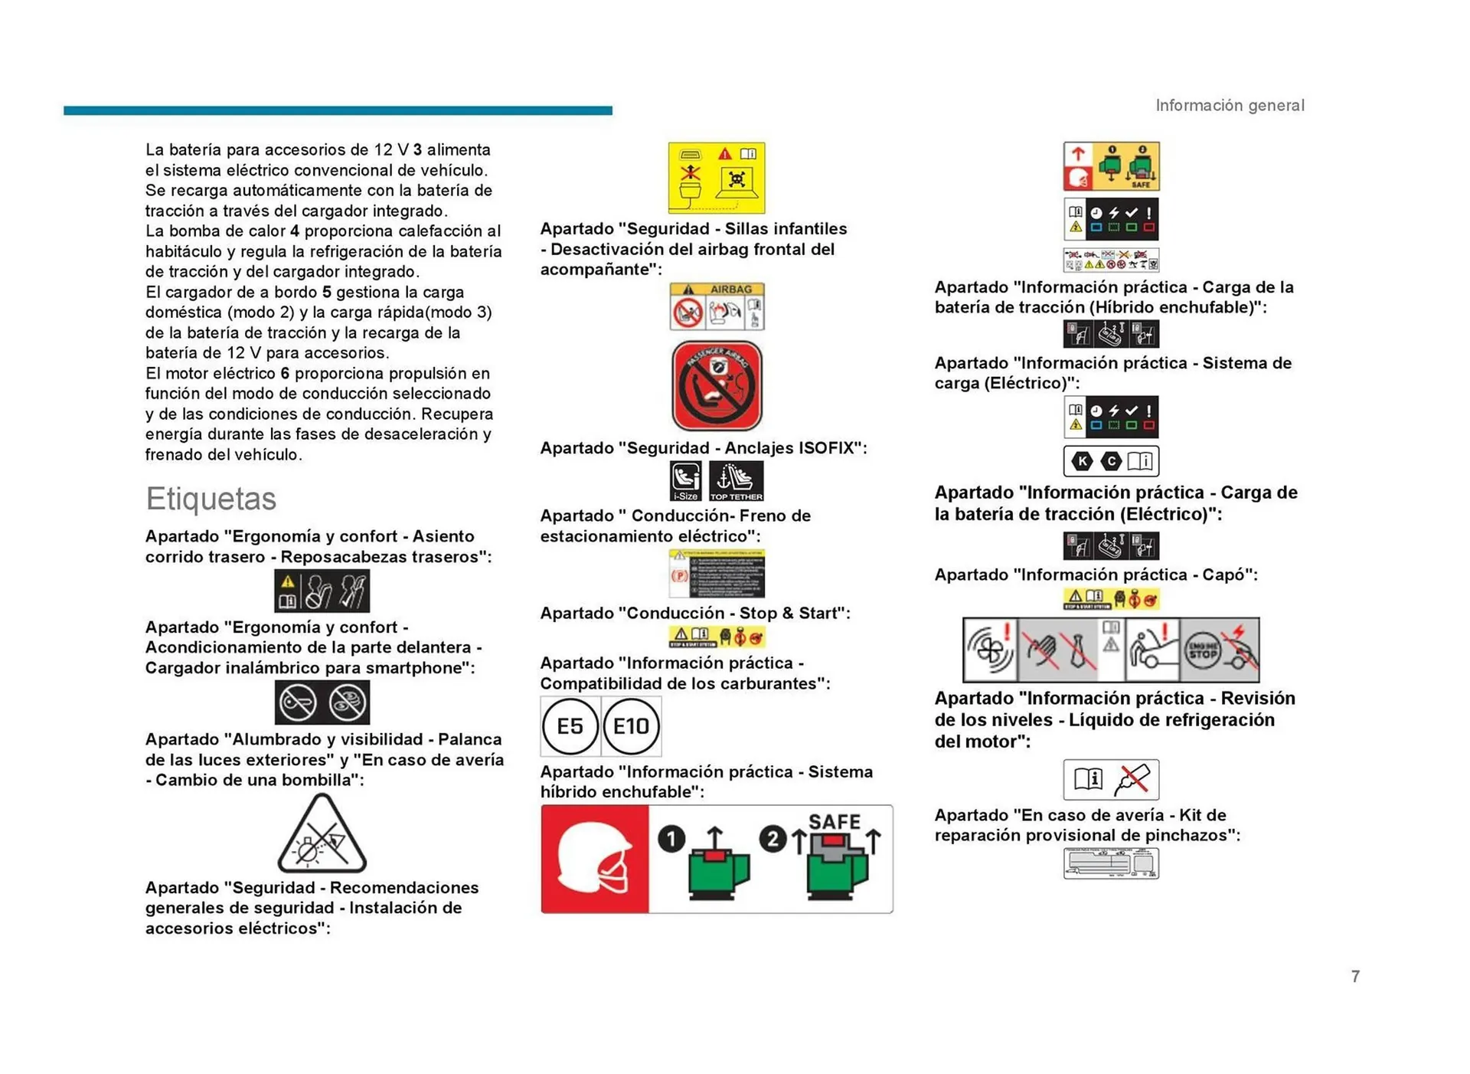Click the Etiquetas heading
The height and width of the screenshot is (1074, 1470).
[x=211, y=499]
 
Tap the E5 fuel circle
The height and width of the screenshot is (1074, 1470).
[x=570, y=726]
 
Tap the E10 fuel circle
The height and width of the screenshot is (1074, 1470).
[x=631, y=726]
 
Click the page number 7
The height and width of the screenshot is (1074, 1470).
[x=1355, y=976]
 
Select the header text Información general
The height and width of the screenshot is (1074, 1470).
[x=1229, y=106]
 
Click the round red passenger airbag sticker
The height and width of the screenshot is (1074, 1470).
[x=717, y=385]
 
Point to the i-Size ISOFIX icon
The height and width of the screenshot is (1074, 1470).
[x=685, y=481]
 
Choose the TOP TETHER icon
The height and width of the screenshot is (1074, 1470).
[x=736, y=481]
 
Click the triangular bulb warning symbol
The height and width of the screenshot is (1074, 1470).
[x=322, y=835]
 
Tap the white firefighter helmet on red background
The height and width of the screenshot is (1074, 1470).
[x=595, y=860]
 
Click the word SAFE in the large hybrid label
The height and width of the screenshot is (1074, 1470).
[x=834, y=822]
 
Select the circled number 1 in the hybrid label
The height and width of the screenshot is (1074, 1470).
[x=671, y=840]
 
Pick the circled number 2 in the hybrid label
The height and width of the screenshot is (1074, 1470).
[x=773, y=840]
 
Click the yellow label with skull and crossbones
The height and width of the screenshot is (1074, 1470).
[x=716, y=178]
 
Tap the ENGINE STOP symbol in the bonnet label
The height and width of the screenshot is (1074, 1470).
[x=1203, y=651]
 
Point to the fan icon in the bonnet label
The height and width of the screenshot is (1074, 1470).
[x=989, y=651]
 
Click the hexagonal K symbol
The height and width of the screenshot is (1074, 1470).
[x=1082, y=461]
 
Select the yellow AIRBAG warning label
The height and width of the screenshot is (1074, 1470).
[x=717, y=306]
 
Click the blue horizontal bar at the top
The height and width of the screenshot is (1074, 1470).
[x=338, y=111]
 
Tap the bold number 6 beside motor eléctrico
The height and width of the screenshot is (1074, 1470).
[x=285, y=374]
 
